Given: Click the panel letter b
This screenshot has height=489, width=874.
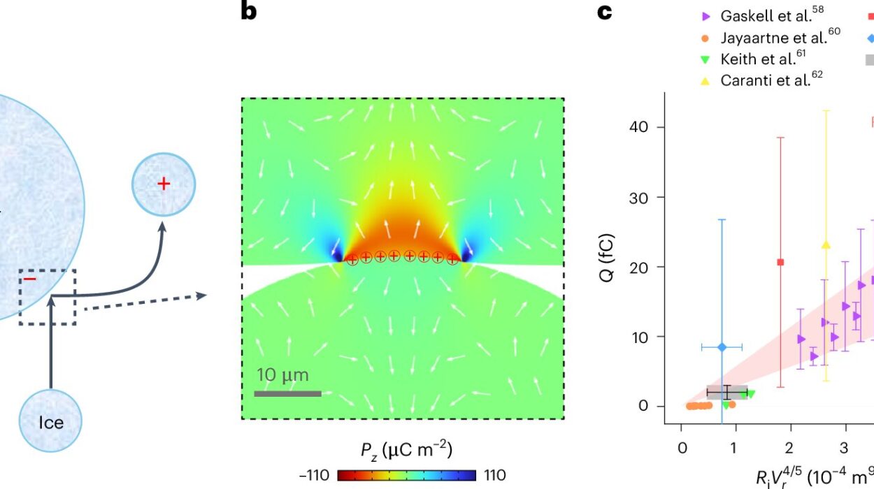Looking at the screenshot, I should [x=248, y=12].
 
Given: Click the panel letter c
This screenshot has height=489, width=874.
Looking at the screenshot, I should [x=605, y=12].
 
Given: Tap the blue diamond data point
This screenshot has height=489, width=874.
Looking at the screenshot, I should [x=722, y=346].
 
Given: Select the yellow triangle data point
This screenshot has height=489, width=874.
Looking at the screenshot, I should [x=826, y=245].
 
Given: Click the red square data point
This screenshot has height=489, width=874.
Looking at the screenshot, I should [x=780, y=262].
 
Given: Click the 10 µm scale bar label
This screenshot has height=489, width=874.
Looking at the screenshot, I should [x=282, y=375].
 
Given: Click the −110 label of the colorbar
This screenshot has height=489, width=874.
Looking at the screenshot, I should [x=314, y=476].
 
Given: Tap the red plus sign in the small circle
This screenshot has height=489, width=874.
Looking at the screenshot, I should [x=163, y=184].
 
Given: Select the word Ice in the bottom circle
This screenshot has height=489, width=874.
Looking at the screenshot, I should [x=51, y=423].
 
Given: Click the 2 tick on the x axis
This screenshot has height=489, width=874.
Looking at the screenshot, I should [x=789, y=447].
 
